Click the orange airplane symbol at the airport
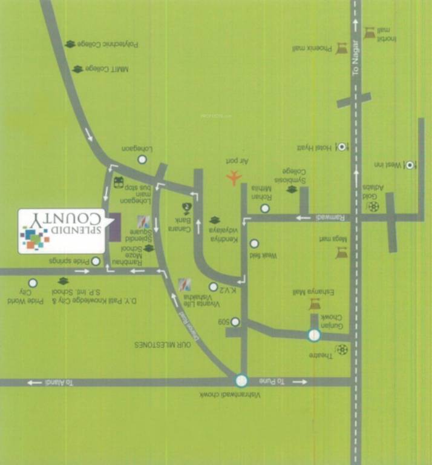point(234,177)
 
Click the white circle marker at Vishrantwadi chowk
point(241,381)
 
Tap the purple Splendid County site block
point(114,227)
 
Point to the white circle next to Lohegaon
point(142,160)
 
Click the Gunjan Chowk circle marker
point(313,335)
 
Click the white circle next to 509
point(235,322)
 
